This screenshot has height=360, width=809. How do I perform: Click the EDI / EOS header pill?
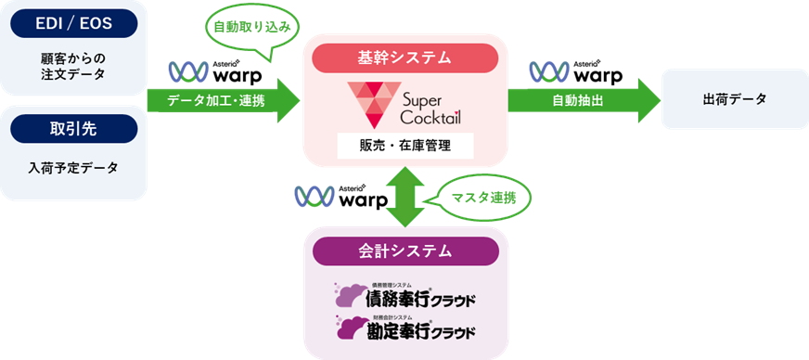[74, 23]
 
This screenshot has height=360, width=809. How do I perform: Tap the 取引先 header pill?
[74, 131]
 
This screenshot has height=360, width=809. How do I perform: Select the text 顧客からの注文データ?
[74, 66]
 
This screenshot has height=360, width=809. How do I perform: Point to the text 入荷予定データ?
[74, 168]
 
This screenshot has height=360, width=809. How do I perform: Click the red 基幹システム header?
[404, 58]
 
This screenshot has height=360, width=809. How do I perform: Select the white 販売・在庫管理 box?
[404, 146]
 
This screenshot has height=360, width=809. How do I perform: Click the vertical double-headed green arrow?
[404, 197]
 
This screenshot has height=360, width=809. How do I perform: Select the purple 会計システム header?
[404, 250]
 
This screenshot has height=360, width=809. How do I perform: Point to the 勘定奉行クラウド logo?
[404, 327]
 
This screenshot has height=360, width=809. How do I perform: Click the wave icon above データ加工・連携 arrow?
[188, 71]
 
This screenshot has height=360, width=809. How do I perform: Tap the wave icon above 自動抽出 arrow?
[548, 71]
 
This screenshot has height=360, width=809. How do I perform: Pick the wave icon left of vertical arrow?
[314, 197]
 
